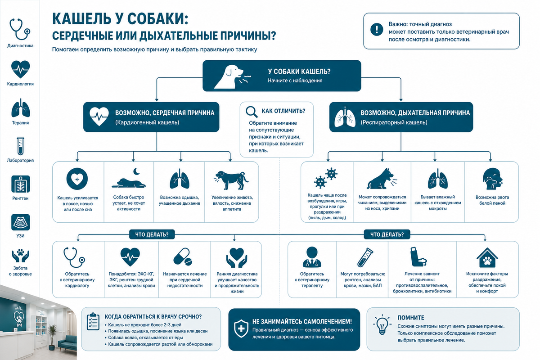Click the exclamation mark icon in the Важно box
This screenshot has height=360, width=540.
point(377,30)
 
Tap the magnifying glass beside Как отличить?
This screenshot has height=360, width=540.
point(252,112)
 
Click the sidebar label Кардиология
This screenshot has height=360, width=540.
point(20,84)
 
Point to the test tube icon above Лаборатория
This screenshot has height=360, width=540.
point(21,146)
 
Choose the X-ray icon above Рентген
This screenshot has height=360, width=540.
point(21,184)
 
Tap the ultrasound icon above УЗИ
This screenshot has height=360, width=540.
point(21,222)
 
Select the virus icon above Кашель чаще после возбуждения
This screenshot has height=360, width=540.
point(325,178)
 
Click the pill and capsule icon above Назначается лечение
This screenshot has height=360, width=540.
point(183,257)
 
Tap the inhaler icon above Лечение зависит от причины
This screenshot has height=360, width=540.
point(418,256)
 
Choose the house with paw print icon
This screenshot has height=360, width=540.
point(487,257)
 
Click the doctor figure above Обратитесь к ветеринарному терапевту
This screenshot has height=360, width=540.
point(312,257)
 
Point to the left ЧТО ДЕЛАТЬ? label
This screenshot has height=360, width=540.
point(152,234)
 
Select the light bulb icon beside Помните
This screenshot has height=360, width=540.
point(382,324)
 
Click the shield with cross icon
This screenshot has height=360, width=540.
point(241,328)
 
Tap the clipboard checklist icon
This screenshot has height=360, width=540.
point(93,321)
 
